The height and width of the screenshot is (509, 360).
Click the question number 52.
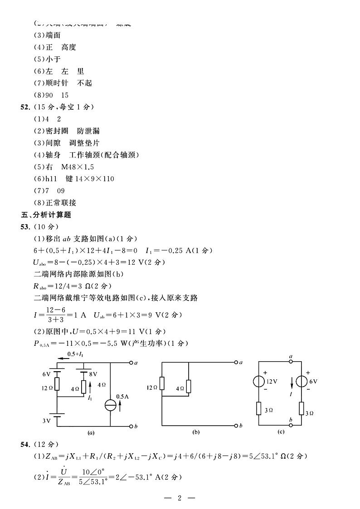25,107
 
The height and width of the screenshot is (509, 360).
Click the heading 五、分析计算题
47,215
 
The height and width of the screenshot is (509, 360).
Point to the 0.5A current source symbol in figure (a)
111,405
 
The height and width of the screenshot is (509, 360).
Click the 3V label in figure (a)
46,421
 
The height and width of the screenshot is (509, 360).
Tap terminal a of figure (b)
236,363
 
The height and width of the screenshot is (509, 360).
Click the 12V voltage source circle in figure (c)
258,381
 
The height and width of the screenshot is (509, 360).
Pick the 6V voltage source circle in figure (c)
301,381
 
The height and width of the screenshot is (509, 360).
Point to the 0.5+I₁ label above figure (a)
75,354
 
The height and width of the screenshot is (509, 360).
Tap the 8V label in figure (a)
93,374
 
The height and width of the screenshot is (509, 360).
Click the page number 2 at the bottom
180,499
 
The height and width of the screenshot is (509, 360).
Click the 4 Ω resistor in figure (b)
188,387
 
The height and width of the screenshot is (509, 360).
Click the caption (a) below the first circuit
91,433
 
